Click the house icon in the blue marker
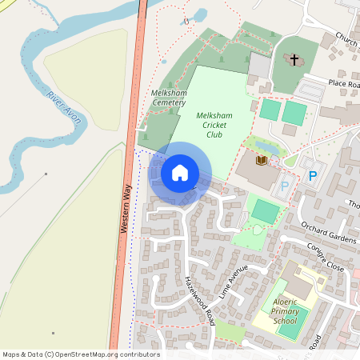[180, 172]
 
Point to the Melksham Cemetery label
[168, 98]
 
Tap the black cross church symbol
[294, 60]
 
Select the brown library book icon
[261, 161]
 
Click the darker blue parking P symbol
[313, 175]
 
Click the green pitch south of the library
[266, 212]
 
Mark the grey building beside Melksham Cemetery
[261, 66]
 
